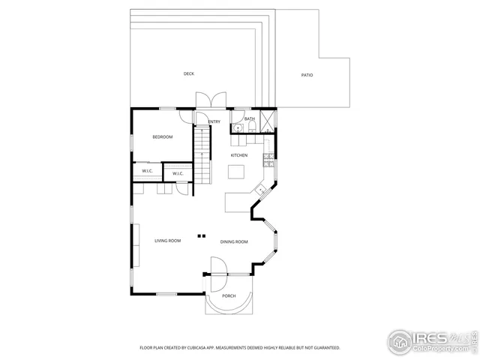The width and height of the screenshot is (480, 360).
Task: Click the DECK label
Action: pyautogui.click(x=189, y=73)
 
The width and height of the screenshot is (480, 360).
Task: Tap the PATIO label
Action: pyautogui.click(x=307, y=75)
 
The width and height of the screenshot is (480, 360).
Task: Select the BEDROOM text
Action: pyautogui.click(x=163, y=136)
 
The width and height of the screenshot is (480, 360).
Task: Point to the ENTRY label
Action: pyautogui.click(x=214, y=121)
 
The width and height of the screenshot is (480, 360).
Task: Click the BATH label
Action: pyautogui.click(x=250, y=118)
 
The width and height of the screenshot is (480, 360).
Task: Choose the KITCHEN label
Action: pyautogui.click(x=238, y=155)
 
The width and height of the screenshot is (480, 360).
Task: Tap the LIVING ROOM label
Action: pyautogui.click(x=168, y=241)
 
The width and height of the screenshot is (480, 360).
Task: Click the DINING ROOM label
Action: pyautogui.click(x=234, y=241)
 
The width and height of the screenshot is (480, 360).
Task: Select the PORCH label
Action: pyautogui.click(x=229, y=296)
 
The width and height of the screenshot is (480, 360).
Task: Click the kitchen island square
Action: pyautogui.click(x=237, y=172)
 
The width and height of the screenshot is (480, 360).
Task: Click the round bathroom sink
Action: pyautogui.click(x=238, y=128)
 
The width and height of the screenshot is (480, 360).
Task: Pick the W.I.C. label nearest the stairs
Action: pyautogui.click(x=178, y=174)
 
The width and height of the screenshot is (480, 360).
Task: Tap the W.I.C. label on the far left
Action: pyautogui.click(x=147, y=171)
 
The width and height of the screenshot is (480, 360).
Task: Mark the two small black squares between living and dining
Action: pyautogui.click(x=201, y=235)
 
